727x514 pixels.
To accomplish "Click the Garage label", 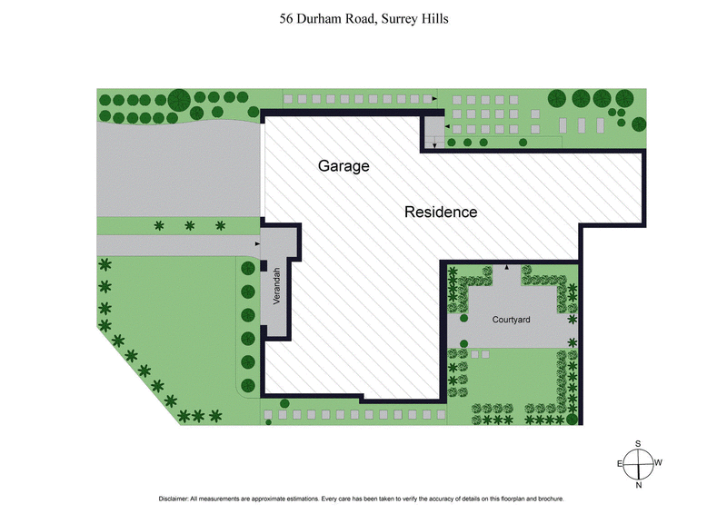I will coord(344,166).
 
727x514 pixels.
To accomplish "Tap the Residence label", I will coord(441,212).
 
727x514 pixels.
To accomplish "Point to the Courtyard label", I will coord(511,320).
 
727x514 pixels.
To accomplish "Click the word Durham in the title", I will coord(318,18).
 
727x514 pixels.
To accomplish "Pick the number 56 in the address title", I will coord(286,18).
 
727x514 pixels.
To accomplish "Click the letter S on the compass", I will coord(639,443).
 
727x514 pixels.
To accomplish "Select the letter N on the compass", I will coord(639,486).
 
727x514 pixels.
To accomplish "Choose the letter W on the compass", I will coord(659,463).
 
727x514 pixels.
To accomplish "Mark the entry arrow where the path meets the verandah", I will coord(258,244).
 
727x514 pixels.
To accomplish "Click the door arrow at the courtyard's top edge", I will coord(507,267).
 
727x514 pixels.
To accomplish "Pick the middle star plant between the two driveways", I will coord(189,225).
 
